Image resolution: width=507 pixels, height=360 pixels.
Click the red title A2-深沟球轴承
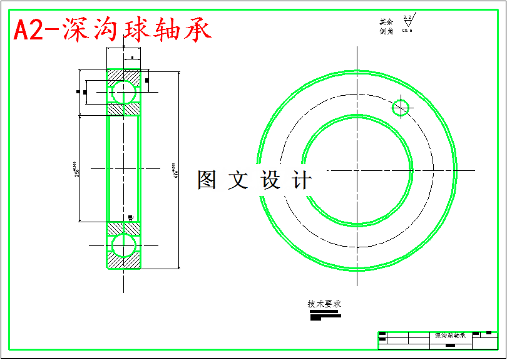click(x=113, y=30)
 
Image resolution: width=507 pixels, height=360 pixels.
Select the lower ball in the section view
click(x=123, y=244)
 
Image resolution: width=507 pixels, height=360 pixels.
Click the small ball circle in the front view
click(x=401, y=108)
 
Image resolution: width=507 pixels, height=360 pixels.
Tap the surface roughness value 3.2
click(x=407, y=18)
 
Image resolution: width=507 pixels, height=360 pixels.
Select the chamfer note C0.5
click(x=407, y=30)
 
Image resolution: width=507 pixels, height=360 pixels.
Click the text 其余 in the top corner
click(x=386, y=22)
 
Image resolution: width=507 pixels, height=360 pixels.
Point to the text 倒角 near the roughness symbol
click(x=386, y=31)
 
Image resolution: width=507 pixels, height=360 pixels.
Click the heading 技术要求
click(x=324, y=304)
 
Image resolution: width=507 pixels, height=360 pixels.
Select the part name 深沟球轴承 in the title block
click(x=450, y=336)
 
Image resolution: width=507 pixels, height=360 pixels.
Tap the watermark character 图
click(x=207, y=180)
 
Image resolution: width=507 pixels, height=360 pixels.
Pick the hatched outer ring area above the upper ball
click(x=123, y=75)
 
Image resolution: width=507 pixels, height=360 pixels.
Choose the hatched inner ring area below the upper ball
click(x=123, y=109)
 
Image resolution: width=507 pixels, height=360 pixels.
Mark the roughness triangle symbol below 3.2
click(x=408, y=23)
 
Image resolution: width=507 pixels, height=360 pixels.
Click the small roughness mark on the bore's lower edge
click(x=130, y=218)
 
